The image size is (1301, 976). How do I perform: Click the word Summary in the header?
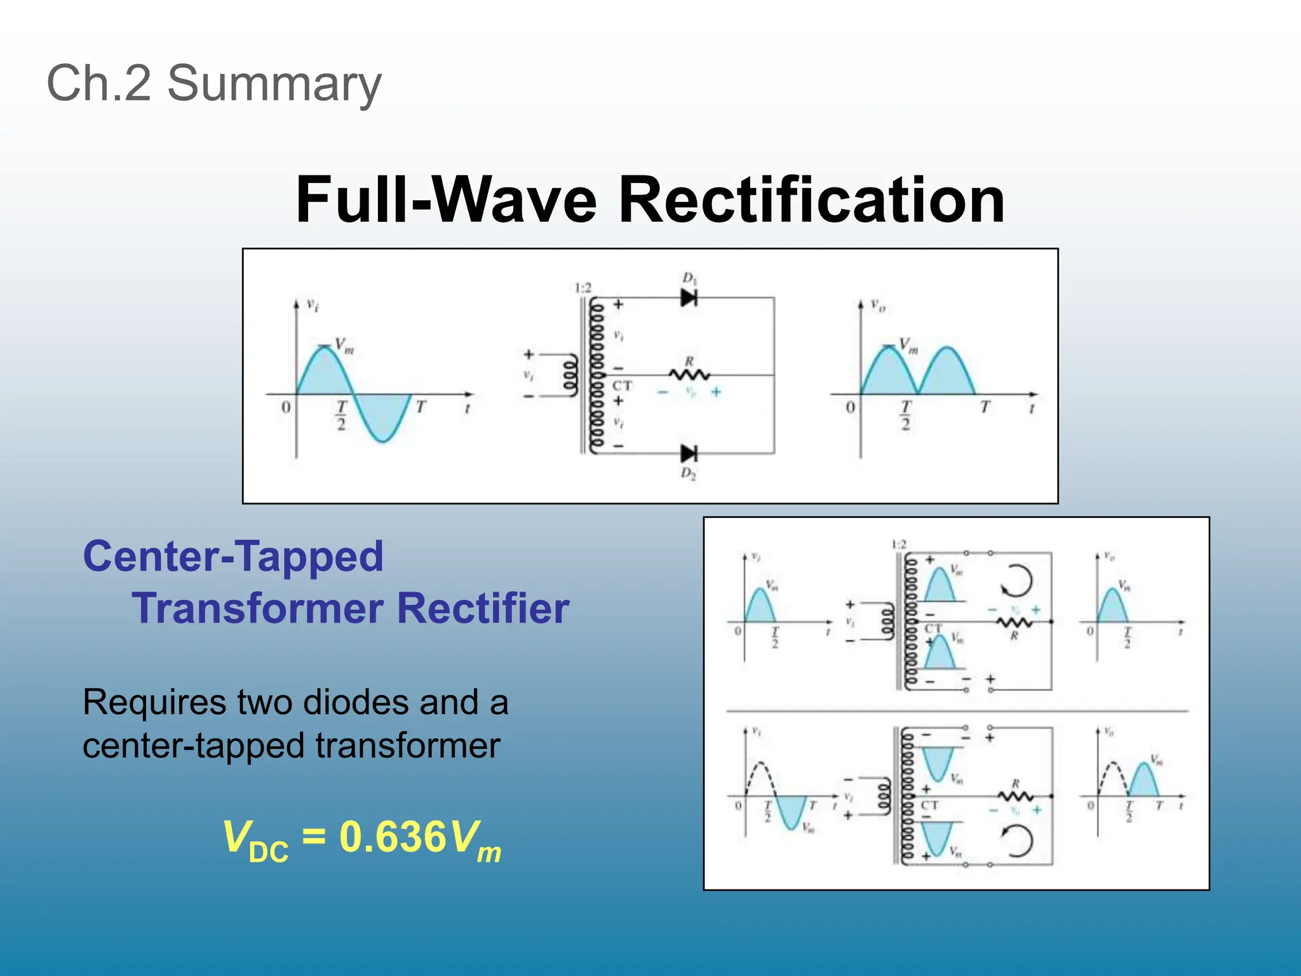click(x=274, y=83)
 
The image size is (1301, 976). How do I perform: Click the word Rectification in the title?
click(x=811, y=200)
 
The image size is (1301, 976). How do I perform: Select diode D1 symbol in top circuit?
click(x=689, y=297)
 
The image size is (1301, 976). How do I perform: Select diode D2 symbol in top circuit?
click(x=689, y=453)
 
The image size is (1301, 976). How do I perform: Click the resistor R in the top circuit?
click(x=690, y=375)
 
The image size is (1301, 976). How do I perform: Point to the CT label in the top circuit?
click(x=622, y=386)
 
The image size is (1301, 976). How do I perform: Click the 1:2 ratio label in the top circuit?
click(x=583, y=288)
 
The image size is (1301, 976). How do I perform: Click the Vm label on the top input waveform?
click(x=344, y=346)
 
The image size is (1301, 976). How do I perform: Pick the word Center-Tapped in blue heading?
click(x=233, y=556)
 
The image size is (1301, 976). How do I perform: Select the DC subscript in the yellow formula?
click(x=269, y=851)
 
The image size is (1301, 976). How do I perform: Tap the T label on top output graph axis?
click(x=985, y=407)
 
